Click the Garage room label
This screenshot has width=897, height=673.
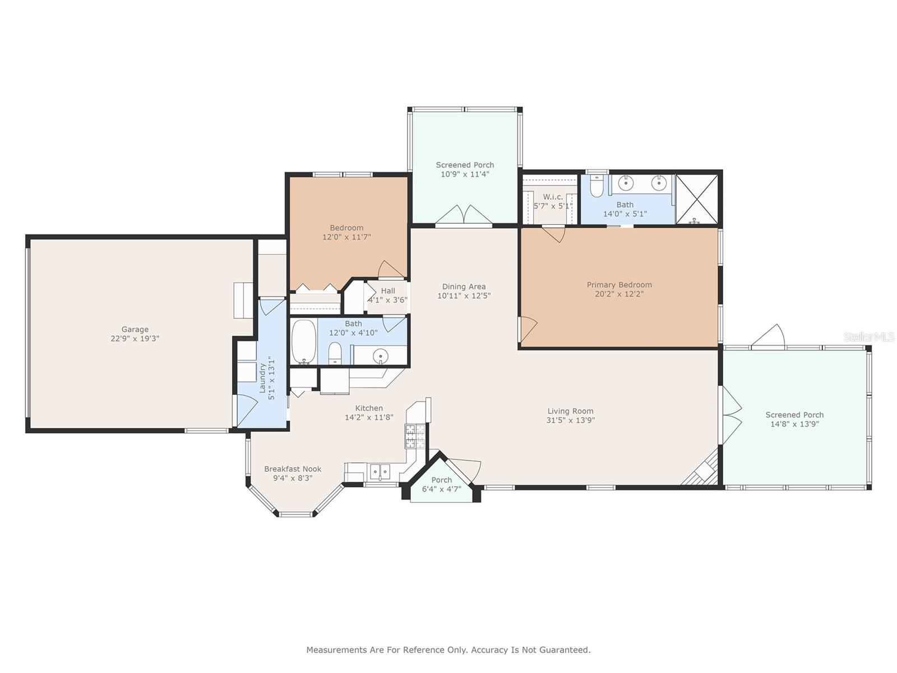[x=135, y=329]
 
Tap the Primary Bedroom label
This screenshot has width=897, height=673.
[x=619, y=285]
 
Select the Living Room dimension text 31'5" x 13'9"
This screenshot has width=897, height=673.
[x=571, y=420]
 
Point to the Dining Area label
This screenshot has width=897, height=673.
[x=464, y=287]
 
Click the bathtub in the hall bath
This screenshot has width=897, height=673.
[x=304, y=342]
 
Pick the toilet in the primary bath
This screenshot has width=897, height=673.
[x=597, y=186]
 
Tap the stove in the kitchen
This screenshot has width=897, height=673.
[x=415, y=436]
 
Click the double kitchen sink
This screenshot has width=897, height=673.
[x=380, y=472]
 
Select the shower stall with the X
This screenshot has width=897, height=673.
[x=697, y=200]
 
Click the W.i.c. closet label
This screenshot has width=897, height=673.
[x=553, y=197]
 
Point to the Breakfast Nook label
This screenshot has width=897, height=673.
[x=293, y=469]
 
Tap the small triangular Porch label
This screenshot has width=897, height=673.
[x=441, y=480]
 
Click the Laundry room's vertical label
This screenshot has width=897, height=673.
[x=263, y=378]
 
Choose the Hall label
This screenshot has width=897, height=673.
[x=388, y=291]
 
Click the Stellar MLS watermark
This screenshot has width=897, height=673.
[x=868, y=337]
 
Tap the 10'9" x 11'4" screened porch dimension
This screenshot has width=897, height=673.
[x=465, y=174]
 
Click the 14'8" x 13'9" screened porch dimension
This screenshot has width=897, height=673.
[x=794, y=424]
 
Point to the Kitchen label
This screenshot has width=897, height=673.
[x=368, y=408]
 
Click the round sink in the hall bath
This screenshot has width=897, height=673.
[x=381, y=356]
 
